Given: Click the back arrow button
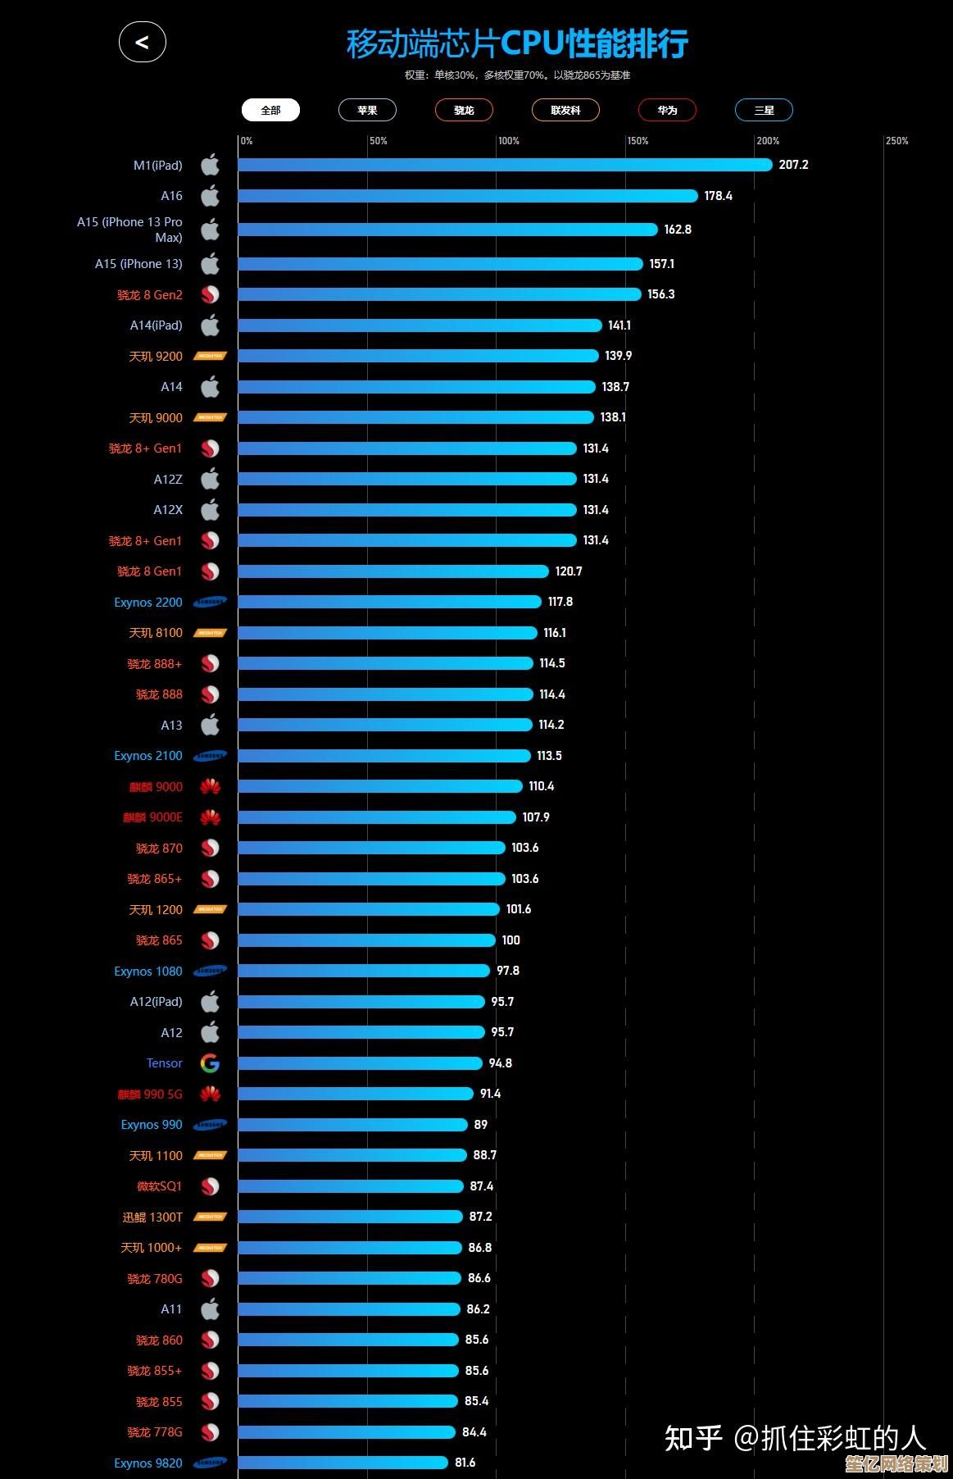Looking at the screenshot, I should click(143, 43).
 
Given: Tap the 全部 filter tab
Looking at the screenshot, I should click(270, 110).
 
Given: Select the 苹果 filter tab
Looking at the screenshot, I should click(367, 110).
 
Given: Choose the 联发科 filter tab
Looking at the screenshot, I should click(565, 110).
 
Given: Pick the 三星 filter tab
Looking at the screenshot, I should click(764, 110).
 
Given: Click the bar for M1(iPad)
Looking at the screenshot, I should click(505, 165).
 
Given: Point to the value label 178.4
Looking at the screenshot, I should click(718, 196).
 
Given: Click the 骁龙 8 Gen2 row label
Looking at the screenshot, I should click(150, 295).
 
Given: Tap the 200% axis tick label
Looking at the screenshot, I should click(768, 141).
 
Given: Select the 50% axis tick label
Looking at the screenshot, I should click(379, 141).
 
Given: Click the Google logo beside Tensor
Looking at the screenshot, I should click(210, 1063).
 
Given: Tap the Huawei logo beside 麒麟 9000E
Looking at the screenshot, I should click(210, 817).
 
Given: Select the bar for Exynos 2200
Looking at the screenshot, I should click(389, 602).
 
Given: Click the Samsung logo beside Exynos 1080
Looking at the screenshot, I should click(210, 972).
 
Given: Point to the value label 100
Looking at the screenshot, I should click(511, 940).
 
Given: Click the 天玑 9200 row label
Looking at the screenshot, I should click(156, 357).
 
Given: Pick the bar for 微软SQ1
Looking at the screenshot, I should click(351, 1186).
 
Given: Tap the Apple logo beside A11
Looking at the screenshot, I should click(210, 1309).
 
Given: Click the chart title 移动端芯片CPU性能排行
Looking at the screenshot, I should click(517, 43).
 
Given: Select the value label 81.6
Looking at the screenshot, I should click(465, 1463).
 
